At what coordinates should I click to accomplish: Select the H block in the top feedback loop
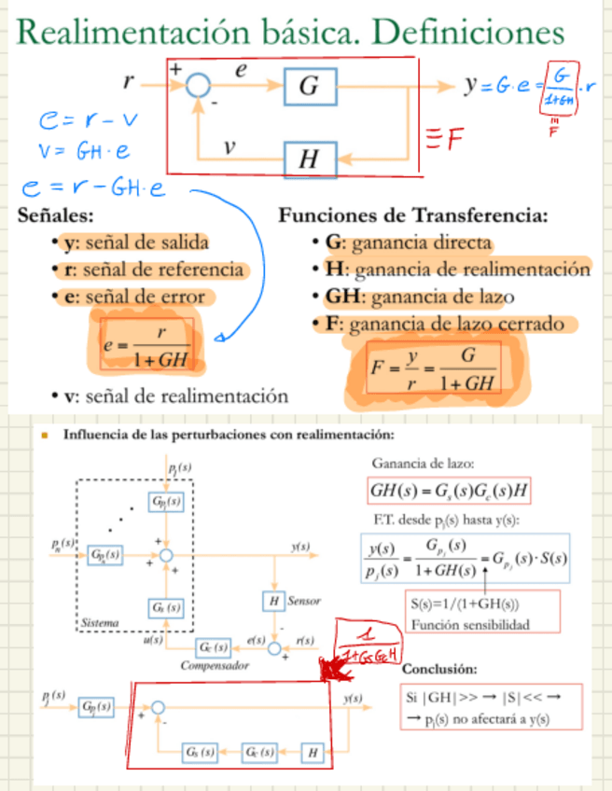click(309, 160)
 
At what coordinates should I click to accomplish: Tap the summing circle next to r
click(197, 86)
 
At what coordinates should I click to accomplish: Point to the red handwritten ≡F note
click(446, 141)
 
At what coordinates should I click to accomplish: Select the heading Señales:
click(57, 215)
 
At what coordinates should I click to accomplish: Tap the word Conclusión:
click(439, 670)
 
